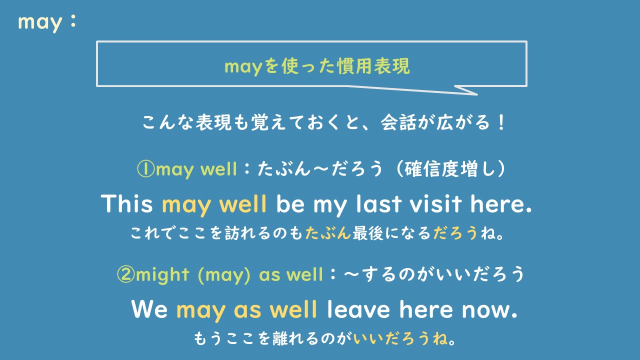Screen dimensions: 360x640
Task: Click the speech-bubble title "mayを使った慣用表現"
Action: pos(317,65)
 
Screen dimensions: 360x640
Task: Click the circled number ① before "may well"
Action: pos(145,169)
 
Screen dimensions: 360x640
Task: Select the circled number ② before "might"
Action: pos(125,274)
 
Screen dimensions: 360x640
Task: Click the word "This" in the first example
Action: pos(127,204)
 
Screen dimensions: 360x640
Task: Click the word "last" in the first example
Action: pos(382,204)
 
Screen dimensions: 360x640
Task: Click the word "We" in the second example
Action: pos(149,309)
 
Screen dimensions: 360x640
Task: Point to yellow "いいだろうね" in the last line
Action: pos(400,339)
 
